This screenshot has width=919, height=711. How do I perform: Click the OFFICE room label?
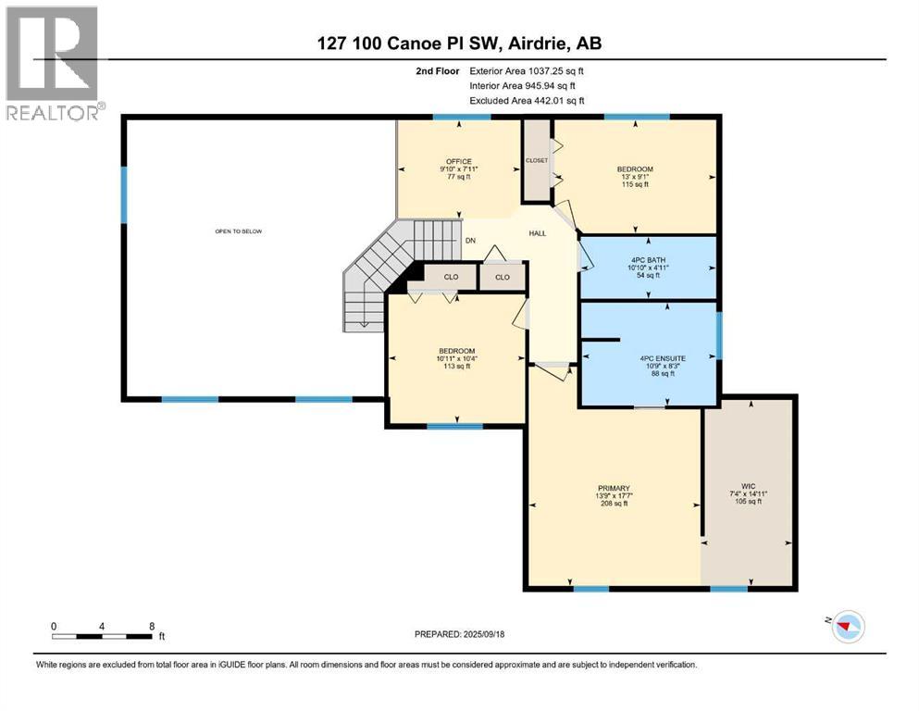pos(459,161)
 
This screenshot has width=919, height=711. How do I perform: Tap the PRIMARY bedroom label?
pos(613,488)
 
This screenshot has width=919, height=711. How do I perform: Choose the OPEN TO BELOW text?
pos(239,231)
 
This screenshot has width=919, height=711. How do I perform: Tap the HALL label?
pos(537,234)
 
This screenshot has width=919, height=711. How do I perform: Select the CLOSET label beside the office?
pos(537,160)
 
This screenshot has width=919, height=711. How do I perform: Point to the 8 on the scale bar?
pos(152,626)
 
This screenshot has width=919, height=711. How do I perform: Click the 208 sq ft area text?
pos(613,504)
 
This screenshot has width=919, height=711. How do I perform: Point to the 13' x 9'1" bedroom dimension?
pos(635,177)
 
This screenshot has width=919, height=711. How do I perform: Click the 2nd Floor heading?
pos(440,70)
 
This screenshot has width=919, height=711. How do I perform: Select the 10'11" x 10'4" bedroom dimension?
pos(456,358)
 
